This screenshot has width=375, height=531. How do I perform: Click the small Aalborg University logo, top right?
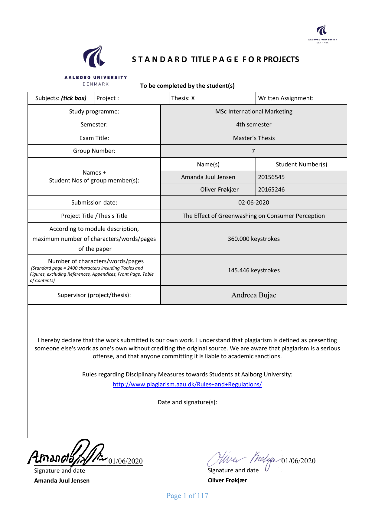tap(322, 34)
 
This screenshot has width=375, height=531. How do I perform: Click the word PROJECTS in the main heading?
tap(281, 59)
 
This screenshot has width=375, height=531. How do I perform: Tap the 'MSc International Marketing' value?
tap(254, 111)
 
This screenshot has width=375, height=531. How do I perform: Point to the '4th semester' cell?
tap(254, 124)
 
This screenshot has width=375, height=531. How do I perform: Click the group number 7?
tap(253, 151)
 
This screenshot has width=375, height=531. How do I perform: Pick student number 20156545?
tap(271, 177)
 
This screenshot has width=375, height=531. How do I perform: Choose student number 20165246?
tap(271, 189)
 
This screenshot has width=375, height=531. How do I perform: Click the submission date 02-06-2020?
tap(253, 202)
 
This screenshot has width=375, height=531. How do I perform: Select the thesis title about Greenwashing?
tap(253, 216)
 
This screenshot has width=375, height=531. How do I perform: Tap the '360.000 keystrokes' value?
tap(253, 239)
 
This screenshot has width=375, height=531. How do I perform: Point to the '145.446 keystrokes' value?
tap(253, 270)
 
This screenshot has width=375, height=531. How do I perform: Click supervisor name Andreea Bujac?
tap(253, 295)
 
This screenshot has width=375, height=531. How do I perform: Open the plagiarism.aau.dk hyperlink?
tap(187, 384)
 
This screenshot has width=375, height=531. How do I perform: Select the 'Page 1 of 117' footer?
tap(187, 496)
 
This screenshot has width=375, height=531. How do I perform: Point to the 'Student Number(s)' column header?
tap(301, 164)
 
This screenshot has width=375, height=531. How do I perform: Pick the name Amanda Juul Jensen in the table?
tap(208, 177)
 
